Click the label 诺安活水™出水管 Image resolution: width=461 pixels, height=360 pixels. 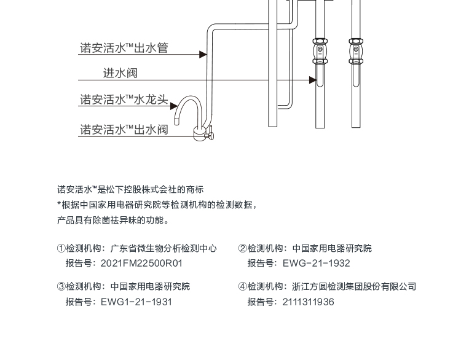[124, 47]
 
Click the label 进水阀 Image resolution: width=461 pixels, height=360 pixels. [120, 73]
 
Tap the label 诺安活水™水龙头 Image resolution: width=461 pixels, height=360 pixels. [124, 100]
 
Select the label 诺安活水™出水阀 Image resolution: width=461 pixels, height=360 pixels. [124, 130]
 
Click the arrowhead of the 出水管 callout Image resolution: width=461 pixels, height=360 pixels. [203, 55]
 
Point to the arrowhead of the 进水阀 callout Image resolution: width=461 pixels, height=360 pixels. [313, 80]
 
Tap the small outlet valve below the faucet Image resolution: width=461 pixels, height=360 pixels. [203, 133]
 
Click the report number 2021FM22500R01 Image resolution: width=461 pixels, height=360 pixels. [141, 263]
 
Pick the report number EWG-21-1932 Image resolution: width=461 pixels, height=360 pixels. [316, 263]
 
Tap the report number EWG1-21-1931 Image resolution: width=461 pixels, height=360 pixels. [136, 302]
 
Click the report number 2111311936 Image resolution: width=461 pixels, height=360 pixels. [308, 302]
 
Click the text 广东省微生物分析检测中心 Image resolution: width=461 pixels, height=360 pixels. [164, 248]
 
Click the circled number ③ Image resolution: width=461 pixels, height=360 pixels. [61, 286]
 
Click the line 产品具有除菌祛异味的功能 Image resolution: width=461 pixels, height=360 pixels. [112, 220]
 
